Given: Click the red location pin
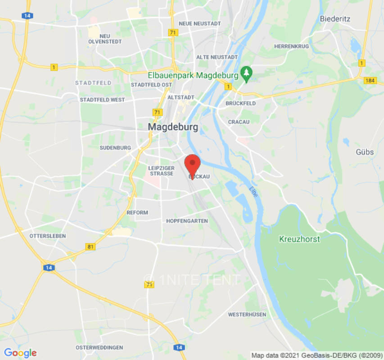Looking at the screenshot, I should [x=193, y=164].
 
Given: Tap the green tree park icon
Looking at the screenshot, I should [x=246, y=74].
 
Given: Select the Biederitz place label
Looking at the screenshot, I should [x=335, y=19].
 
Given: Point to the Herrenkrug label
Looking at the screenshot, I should [x=291, y=46].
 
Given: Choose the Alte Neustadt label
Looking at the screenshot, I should [x=217, y=57].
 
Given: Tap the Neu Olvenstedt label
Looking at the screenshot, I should [x=105, y=39].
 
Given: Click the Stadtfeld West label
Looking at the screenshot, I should [x=102, y=99].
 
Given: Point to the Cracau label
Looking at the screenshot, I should [x=239, y=122].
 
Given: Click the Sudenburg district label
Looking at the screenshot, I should [x=115, y=148].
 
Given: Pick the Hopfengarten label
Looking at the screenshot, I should [x=187, y=221].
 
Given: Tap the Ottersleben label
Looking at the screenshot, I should [x=47, y=236].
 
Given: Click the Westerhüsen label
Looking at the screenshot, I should [x=247, y=314].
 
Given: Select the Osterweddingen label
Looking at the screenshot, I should [x=99, y=347].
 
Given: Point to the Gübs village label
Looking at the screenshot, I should [x=365, y=152].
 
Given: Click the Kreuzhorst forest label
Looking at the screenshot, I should [x=299, y=239].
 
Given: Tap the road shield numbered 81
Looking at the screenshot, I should [x=90, y=247].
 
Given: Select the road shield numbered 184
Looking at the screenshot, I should [x=370, y=80].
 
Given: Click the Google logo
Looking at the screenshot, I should [x=20, y=353].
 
